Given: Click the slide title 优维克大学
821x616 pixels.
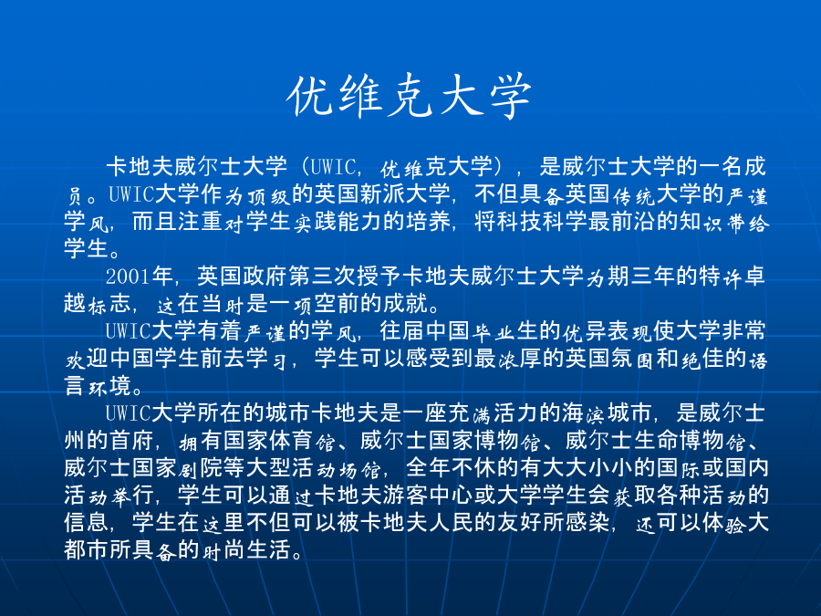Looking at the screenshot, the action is [410, 97].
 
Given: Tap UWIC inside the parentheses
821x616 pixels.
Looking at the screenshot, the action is [332, 167].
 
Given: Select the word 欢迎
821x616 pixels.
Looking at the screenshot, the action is [87, 359].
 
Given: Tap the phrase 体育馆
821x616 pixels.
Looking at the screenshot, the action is [302, 441].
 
